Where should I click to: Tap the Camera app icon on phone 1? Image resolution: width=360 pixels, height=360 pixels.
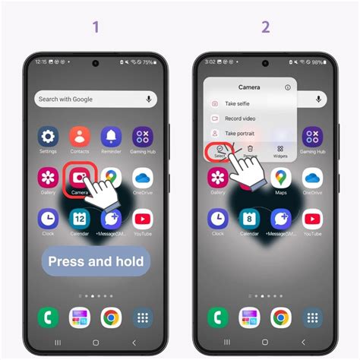pyautogui.click(x=80, y=178)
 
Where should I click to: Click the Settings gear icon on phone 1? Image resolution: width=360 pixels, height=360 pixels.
pyautogui.click(x=49, y=137)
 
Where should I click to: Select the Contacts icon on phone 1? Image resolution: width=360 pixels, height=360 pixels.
pyautogui.click(x=80, y=137)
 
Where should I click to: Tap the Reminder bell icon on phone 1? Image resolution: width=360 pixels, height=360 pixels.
pyautogui.click(x=111, y=137)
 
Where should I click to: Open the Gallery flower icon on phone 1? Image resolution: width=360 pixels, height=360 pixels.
pyautogui.click(x=49, y=178)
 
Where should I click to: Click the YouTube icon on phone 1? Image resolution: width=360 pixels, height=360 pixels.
pyautogui.click(x=142, y=219)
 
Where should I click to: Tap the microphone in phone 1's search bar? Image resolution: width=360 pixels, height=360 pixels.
pyautogui.click(x=149, y=99)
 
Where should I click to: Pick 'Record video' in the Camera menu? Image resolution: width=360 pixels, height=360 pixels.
pyautogui.click(x=239, y=118)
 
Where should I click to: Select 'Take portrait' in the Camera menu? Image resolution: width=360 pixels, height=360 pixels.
pyautogui.click(x=239, y=133)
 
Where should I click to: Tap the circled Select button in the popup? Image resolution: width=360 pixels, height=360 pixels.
pyautogui.click(x=219, y=150)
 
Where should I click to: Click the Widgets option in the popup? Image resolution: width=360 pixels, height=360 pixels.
pyautogui.click(x=280, y=151)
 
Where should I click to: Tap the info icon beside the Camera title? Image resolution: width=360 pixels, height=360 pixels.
pyautogui.click(x=287, y=87)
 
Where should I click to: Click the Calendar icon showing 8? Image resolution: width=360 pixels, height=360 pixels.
pyautogui.click(x=250, y=219)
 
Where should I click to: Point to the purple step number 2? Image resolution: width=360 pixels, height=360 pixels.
pyautogui.click(x=265, y=27)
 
